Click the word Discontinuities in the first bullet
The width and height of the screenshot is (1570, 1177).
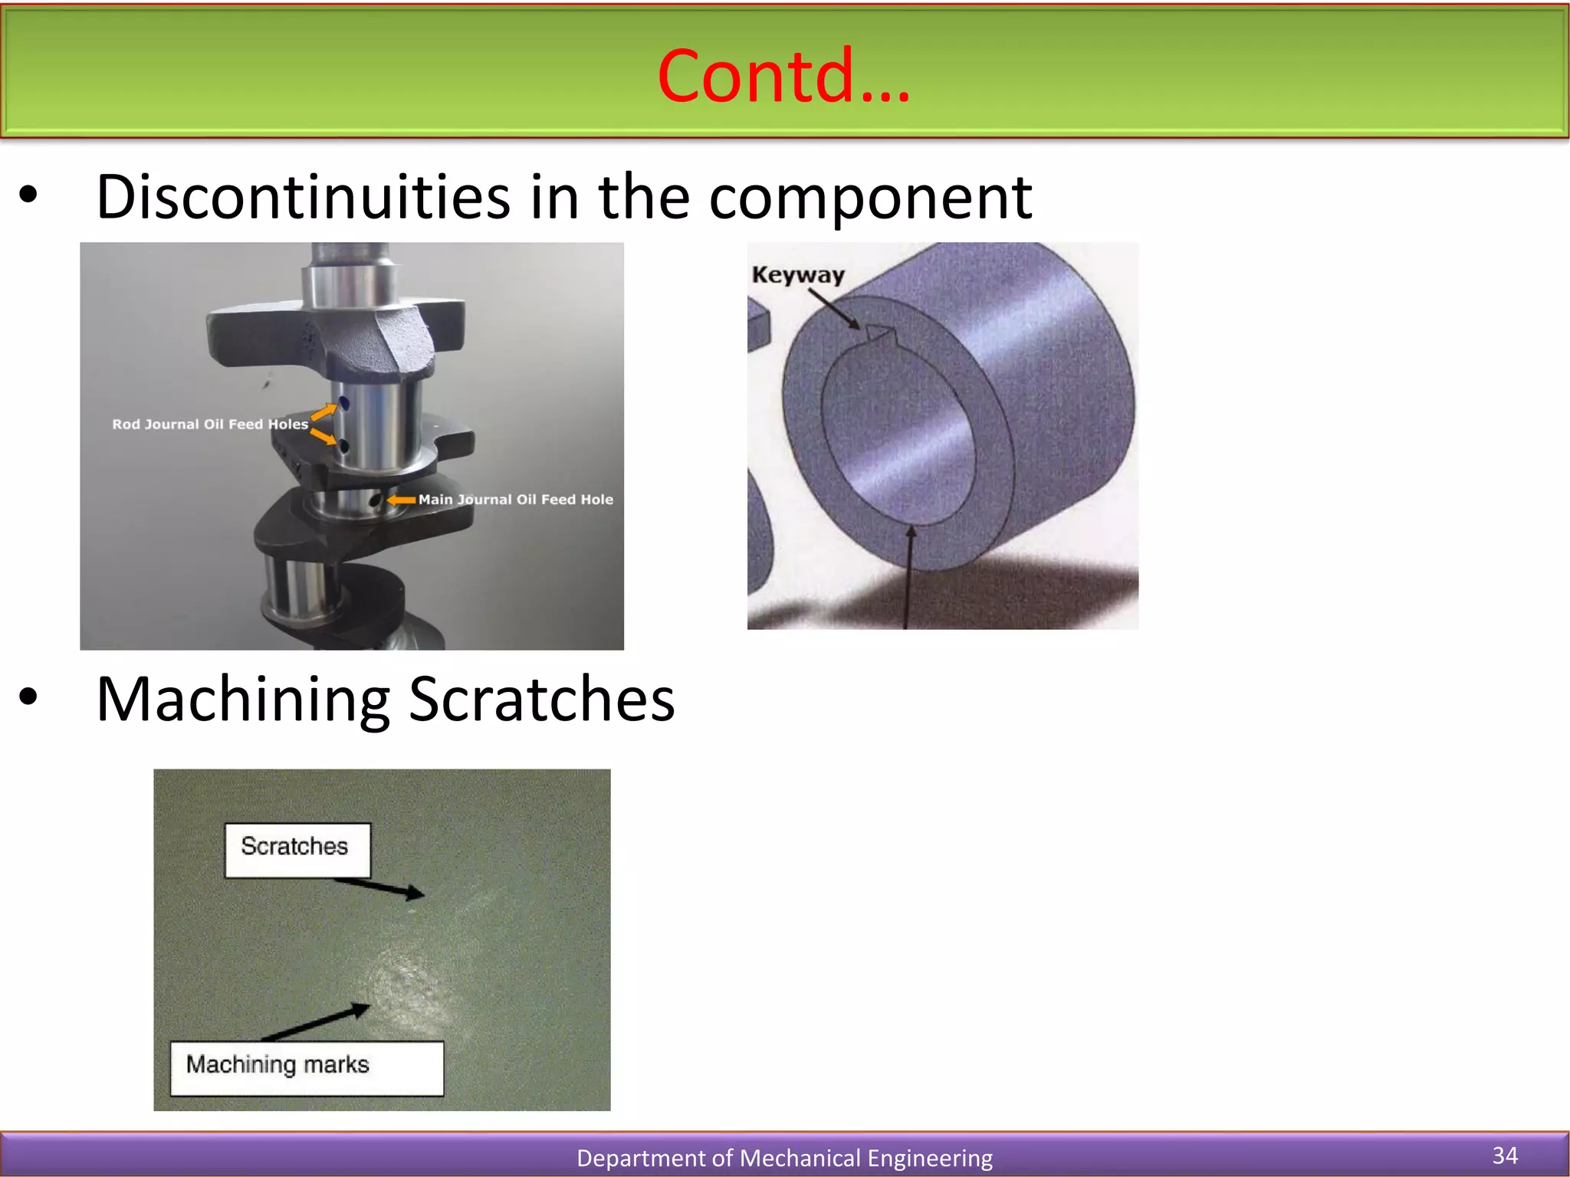point(303,197)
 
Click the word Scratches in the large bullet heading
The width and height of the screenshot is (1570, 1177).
point(541,700)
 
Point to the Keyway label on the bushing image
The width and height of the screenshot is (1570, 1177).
point(798,275)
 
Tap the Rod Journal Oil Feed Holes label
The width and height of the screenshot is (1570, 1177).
point(210,425)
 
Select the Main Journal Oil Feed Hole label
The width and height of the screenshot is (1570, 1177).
point(515,500)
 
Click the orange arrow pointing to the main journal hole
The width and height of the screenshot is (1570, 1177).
point(401,500)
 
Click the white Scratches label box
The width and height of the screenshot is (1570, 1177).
point(297,849)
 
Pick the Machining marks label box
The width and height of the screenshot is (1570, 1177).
point(306,1067)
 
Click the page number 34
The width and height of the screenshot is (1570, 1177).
point(1505,1155)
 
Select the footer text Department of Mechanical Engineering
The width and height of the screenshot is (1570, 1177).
point(783,1158)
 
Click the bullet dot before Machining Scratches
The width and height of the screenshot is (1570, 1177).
point(28,697)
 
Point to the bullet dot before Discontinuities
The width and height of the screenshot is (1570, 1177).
point(28,195)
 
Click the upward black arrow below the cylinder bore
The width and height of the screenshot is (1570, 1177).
point(909,575)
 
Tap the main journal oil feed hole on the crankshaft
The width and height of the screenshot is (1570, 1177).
point(376,500)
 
